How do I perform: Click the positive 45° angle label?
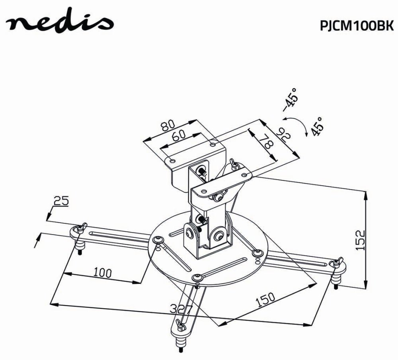tap(318, 127)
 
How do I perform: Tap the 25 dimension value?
tap(61, 201)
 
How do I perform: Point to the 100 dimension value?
tap(102, 273)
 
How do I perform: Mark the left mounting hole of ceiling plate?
tap(172, 160)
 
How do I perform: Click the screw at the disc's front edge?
tap(196, 277)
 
